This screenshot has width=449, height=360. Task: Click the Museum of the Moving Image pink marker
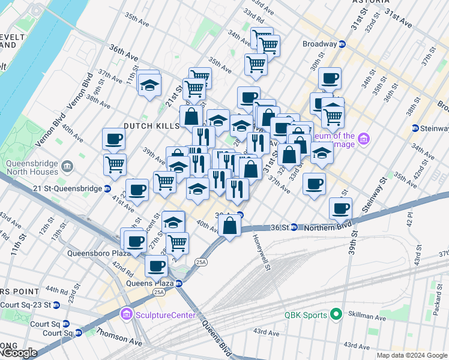click(363, 140)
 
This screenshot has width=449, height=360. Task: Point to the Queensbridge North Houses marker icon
click(67, 165)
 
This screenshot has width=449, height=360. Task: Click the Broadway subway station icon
click(342, 44)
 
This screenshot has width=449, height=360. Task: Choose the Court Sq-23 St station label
click(26, 305)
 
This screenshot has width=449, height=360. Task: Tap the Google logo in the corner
click(19, 353)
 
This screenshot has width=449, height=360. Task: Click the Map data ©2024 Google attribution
click(412, 355)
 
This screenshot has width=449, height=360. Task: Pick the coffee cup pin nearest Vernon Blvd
click(113, 140)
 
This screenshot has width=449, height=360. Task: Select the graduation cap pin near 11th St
click(149, 85)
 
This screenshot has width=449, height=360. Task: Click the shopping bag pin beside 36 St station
click(230, 226)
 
